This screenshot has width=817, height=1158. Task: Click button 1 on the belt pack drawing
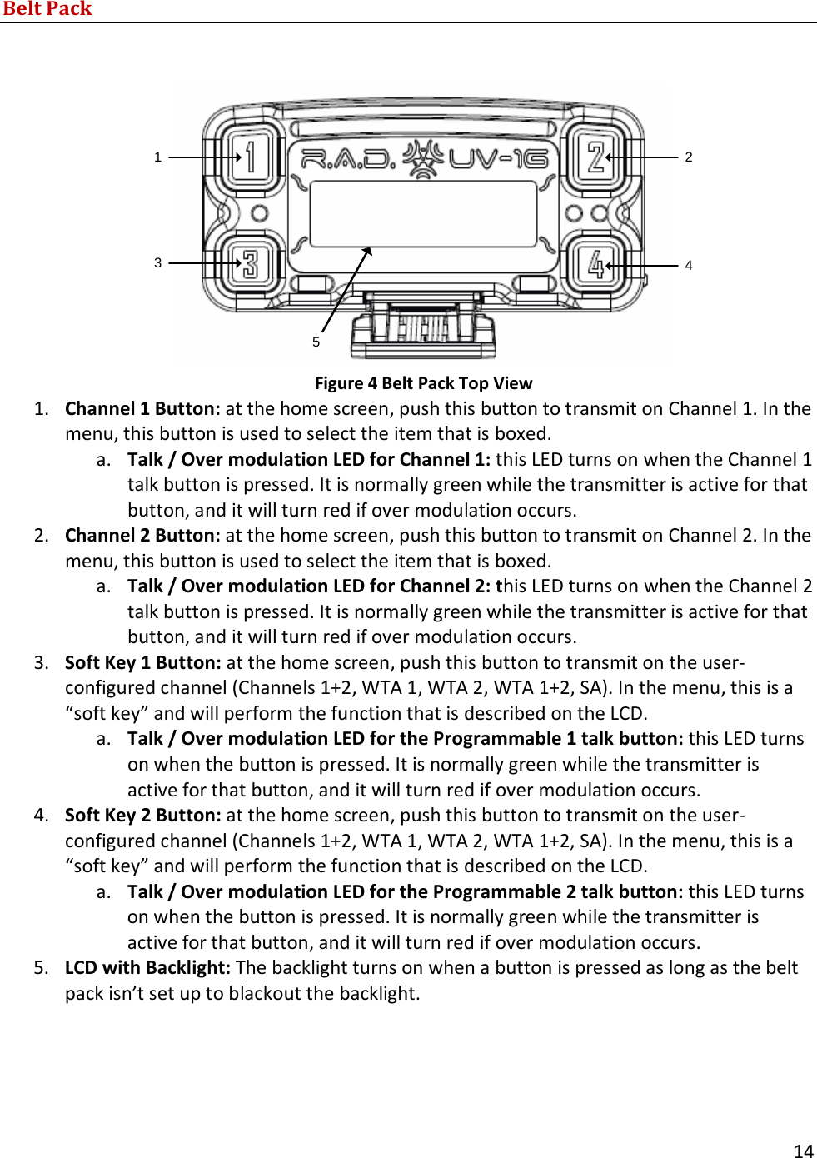250,156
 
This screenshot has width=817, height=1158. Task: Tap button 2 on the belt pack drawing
595,156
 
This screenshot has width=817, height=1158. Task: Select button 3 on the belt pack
250,263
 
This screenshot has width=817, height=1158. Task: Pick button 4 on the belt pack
595,264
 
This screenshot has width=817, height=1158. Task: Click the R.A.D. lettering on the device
348,157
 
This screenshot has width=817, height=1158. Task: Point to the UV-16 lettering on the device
498,157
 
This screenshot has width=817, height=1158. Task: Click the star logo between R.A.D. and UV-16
423,157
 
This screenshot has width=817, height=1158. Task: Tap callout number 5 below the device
316,342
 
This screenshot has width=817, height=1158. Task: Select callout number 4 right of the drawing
689,265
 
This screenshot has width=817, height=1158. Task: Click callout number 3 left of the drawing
157,262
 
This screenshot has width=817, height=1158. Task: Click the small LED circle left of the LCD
259,213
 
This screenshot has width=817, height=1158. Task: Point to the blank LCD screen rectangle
423,213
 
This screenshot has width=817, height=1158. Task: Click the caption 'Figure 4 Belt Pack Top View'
423,383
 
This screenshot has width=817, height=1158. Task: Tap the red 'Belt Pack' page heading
47,9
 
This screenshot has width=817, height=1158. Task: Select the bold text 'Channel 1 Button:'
142,408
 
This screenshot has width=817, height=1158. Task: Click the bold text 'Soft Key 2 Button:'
142,815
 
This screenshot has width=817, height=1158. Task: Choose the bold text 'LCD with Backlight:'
147,967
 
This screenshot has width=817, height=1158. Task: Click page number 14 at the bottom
803,1151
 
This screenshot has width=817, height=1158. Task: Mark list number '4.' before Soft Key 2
42,815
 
